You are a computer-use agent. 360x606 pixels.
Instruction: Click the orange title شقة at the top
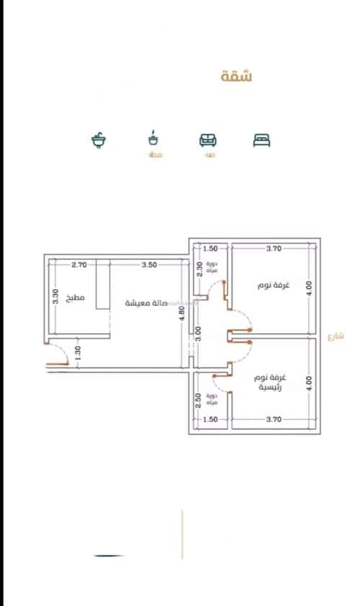(237, 76)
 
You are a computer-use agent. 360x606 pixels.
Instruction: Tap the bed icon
(261, 140)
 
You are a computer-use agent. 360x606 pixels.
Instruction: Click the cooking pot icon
(153, 138)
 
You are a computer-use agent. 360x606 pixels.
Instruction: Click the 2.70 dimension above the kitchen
(79, 264)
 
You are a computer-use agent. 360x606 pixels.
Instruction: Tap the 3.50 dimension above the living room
(149, 264)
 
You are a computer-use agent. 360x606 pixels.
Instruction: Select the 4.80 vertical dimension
(183, 315)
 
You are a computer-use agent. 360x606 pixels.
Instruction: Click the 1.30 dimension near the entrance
(77, 352)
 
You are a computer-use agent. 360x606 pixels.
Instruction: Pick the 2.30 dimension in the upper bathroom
(199, 270)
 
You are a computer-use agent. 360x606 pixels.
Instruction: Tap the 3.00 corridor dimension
(199, 334)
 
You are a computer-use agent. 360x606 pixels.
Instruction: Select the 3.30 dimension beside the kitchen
(55, 295)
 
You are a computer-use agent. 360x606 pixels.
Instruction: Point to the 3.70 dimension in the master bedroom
(273, 419)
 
